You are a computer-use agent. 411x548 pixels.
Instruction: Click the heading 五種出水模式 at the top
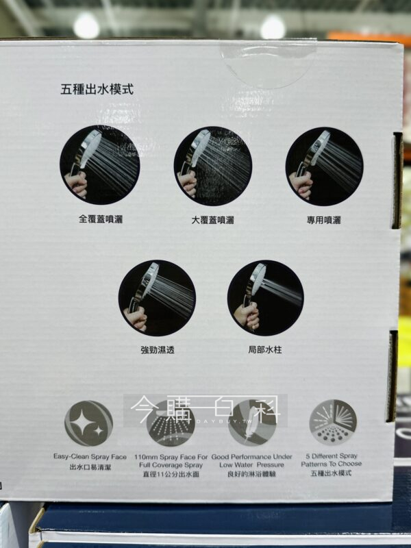pos(97,89)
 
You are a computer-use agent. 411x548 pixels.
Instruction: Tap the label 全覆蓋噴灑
pos(100,219)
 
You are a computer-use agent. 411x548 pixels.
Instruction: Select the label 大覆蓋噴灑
pos(212,220)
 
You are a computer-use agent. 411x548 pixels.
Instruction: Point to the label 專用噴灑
pos(323,220)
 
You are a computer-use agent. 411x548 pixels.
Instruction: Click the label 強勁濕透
pos(158,349)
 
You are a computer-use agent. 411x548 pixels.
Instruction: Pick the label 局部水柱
pos(265,349)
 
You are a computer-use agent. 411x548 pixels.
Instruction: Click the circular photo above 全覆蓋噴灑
pos(100,165)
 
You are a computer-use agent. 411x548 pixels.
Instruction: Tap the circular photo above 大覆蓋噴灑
pos(213,166)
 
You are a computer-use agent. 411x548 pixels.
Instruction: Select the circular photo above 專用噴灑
pos(324,166)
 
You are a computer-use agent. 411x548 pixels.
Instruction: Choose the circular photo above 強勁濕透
pos(157,298)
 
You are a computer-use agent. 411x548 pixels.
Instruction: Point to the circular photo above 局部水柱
pos(266,298)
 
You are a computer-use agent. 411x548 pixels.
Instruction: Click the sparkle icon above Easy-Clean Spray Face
pos(89,423)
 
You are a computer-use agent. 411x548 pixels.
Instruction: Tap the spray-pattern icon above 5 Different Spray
pos(333,423)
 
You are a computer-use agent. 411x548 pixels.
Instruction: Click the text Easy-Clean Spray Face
pos(90,456)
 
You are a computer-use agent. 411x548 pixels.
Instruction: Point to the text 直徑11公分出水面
pos(171,474)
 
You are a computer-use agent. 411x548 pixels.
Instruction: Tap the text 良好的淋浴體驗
pos(251,474)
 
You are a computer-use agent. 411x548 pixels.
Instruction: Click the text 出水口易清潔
pos(90,467)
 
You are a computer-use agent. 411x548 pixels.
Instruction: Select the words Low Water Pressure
pos(251,465)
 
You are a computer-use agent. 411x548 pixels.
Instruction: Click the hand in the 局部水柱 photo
pos(247,315)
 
